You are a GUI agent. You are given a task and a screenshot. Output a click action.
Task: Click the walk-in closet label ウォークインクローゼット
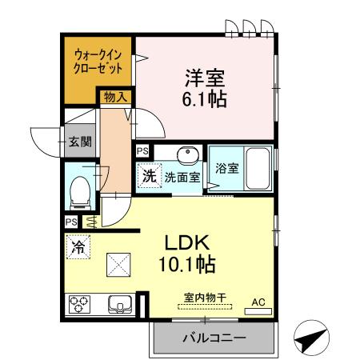coord(98,62)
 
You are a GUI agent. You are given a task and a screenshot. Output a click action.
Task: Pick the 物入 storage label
coord(116,97)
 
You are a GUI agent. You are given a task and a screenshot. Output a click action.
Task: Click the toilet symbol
coord(79,191)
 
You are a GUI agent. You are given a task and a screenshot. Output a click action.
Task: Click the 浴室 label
coord(226,169)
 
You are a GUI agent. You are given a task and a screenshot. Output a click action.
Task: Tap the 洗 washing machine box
coord(150,176)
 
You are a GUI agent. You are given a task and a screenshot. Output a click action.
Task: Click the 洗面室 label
coord(182,177)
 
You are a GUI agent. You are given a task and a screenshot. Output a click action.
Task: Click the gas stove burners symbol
coord(79,305)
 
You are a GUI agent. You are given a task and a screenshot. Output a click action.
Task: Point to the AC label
coord(258,302)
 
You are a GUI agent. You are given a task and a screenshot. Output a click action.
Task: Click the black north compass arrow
coord(311,339)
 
